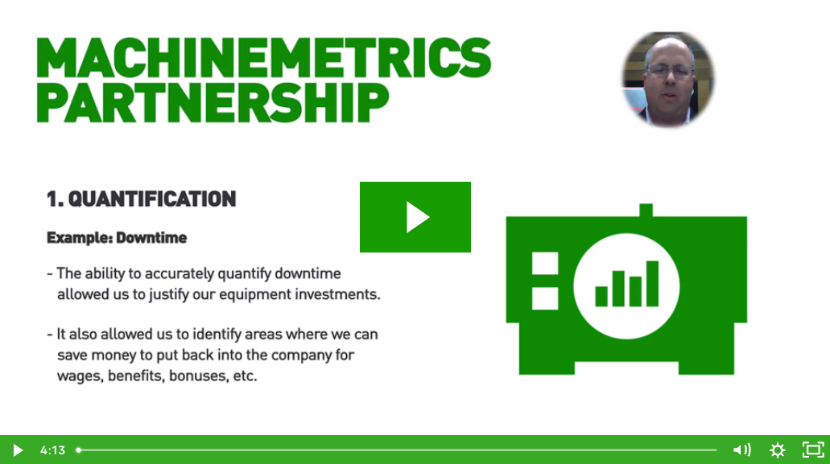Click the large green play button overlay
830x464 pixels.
pyautogui.click(x=415, y=217)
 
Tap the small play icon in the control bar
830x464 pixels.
pyautogui.click(x=18, y=450)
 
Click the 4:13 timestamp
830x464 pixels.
pyautogui.click(x=52, y=450)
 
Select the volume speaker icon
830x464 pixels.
pyautogui.click(x=741, y=450)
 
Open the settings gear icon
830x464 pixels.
pyautogui.click(x=777, y=450)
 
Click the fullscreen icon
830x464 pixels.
pyautogui.click(x=813, y=450)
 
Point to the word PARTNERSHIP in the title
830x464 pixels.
pyautogui.click(x=213, y=103)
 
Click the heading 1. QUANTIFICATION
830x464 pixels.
pyautogui.click(x=141, y=199)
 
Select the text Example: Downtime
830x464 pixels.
pyautogui.click(x=117, y=238)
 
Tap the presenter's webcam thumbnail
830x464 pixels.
pyautogui.click(x=668, y=79)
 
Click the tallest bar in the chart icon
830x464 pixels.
pyautogui.click(x=652, y=283)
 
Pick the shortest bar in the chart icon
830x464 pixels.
pyautogui.click(x=601, y=296)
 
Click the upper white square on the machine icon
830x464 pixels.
pyautogui.click(x=545, y=265)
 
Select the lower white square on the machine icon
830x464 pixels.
pyautogui.click(x=545, y=298)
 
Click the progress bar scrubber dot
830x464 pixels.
pyautogui.click(x=78, y=450)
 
